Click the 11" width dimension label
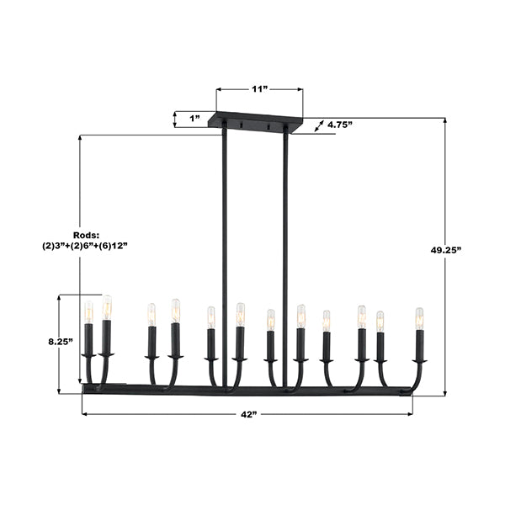tap(260, 89)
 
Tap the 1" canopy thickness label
tap(195, 119)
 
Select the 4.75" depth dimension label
tap(340, 125)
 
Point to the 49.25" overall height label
tap(446, 250)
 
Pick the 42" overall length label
tap(249, 414)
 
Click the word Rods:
tap(87, 235)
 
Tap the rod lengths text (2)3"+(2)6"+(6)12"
tap(85, 246)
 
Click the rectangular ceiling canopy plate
tap(255, 122)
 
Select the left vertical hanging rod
tap(224, 258)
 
